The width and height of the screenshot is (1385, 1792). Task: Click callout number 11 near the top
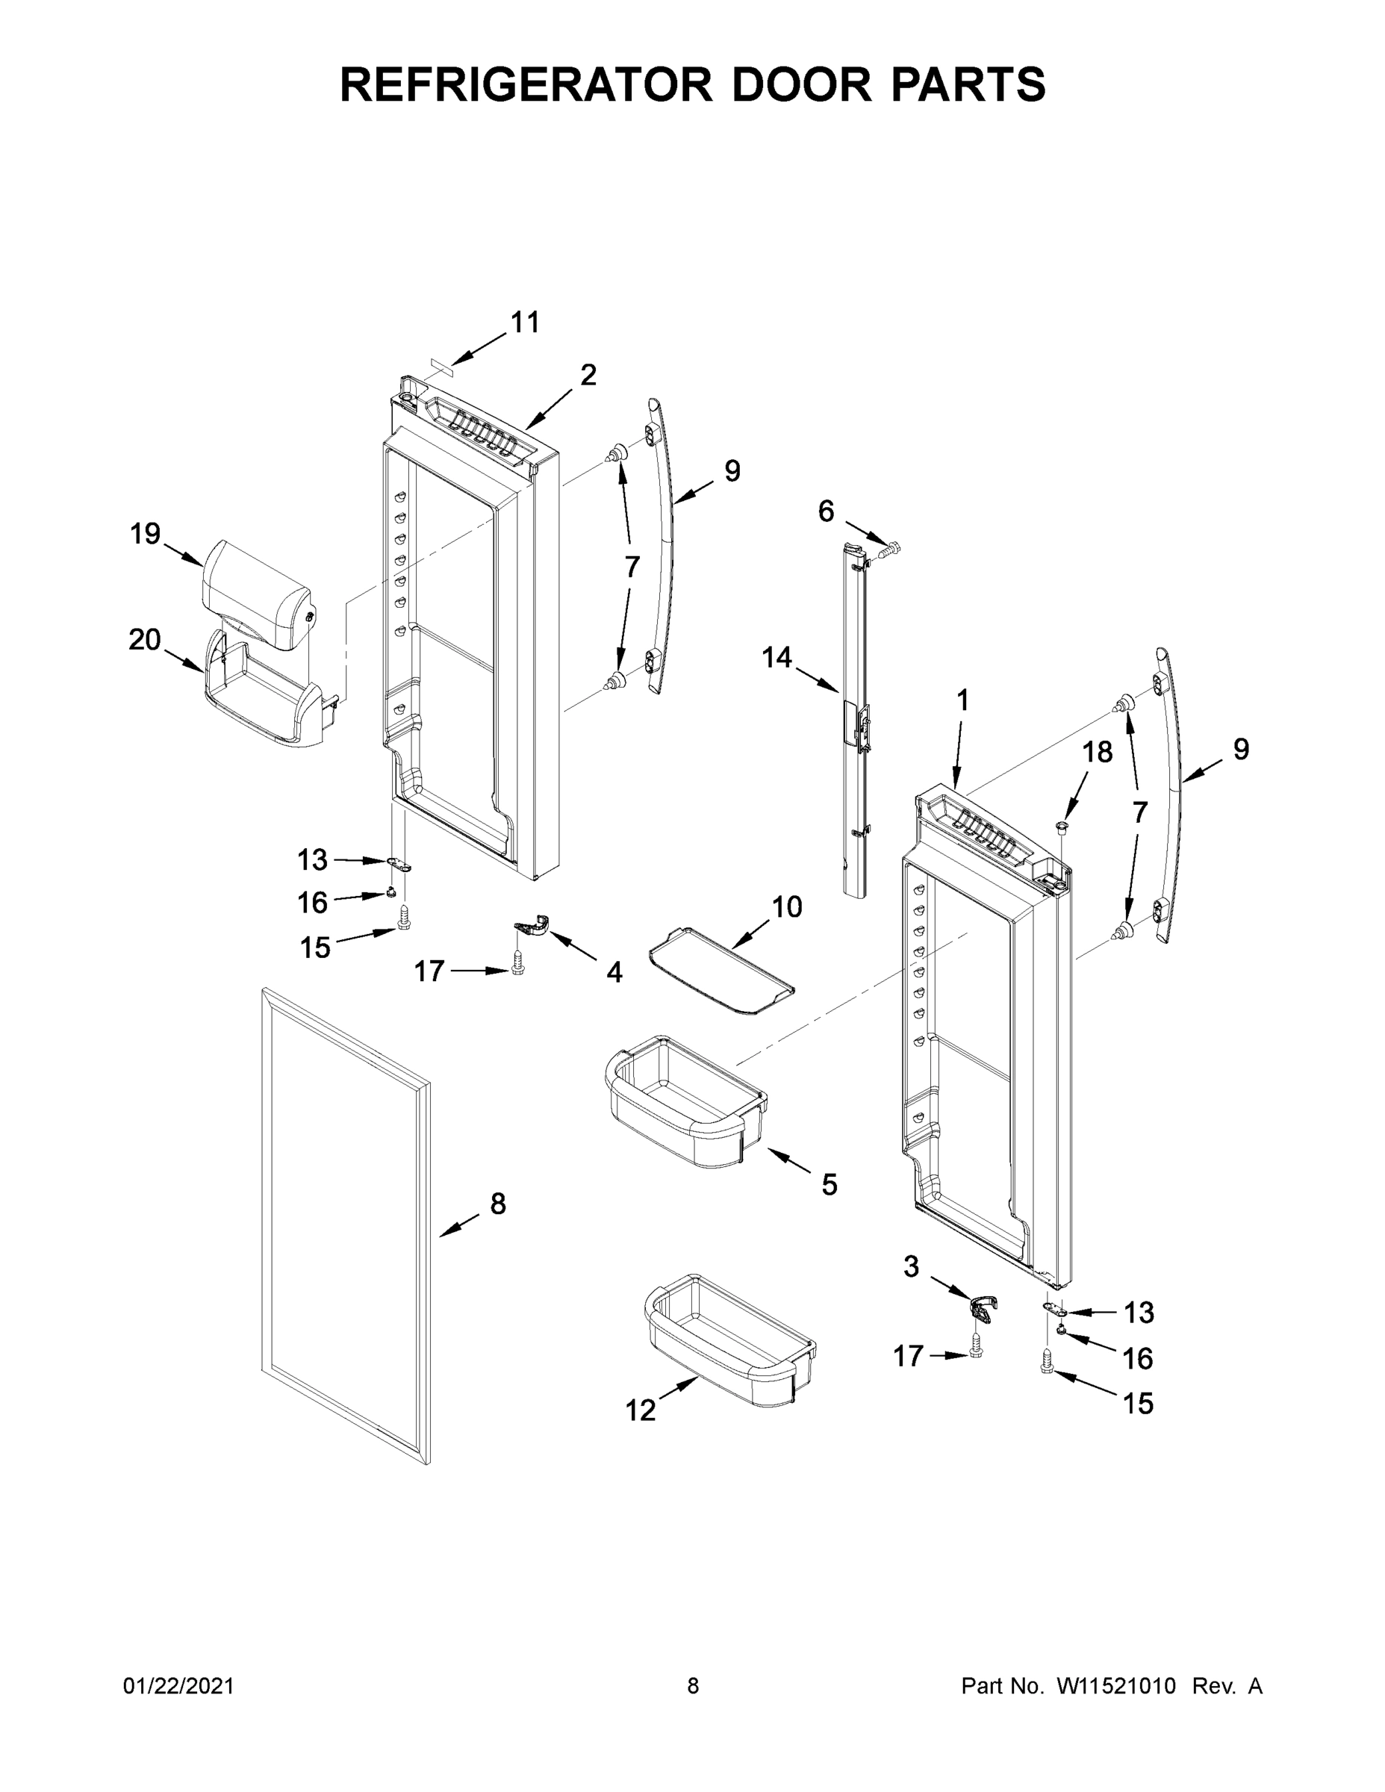tap(525, 323)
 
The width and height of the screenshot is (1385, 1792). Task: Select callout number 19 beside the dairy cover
tap(146, 534)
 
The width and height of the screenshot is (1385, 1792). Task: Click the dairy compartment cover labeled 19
tap(256, 592)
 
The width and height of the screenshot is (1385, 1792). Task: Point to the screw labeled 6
tap(888, 547)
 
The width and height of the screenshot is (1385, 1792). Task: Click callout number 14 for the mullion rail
tap(777, 657)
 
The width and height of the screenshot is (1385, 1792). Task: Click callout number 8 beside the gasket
tap(498, 1204)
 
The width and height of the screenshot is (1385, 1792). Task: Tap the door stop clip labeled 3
tap(984, 1305)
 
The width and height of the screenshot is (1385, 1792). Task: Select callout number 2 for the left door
tap(588, 375)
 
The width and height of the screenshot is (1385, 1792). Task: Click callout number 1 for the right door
tap(962, 700)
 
